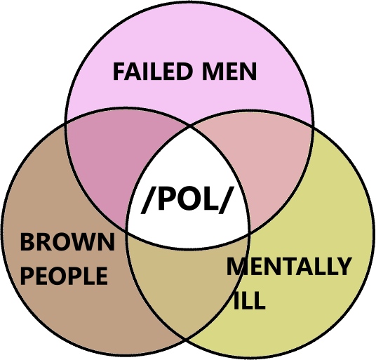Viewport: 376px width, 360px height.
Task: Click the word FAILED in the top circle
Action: click(153, 72)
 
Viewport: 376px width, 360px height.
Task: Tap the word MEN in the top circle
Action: click(229, 72)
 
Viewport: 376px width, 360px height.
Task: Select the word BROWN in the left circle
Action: click(67, 242)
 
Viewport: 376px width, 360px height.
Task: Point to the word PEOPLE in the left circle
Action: click(64, 276)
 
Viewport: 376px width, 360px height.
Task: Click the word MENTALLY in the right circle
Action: click(289, 266)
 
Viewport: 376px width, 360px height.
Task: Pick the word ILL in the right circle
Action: click(250, 300)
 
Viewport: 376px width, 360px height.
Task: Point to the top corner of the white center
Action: click(190, 126)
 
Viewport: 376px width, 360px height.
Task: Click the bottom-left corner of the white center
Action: click(126, 232)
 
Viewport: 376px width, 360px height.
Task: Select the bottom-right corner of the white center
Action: click(250, 232)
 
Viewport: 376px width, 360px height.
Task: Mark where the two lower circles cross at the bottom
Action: click(186, 339)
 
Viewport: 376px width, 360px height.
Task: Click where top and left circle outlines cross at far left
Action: click(65, 123)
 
